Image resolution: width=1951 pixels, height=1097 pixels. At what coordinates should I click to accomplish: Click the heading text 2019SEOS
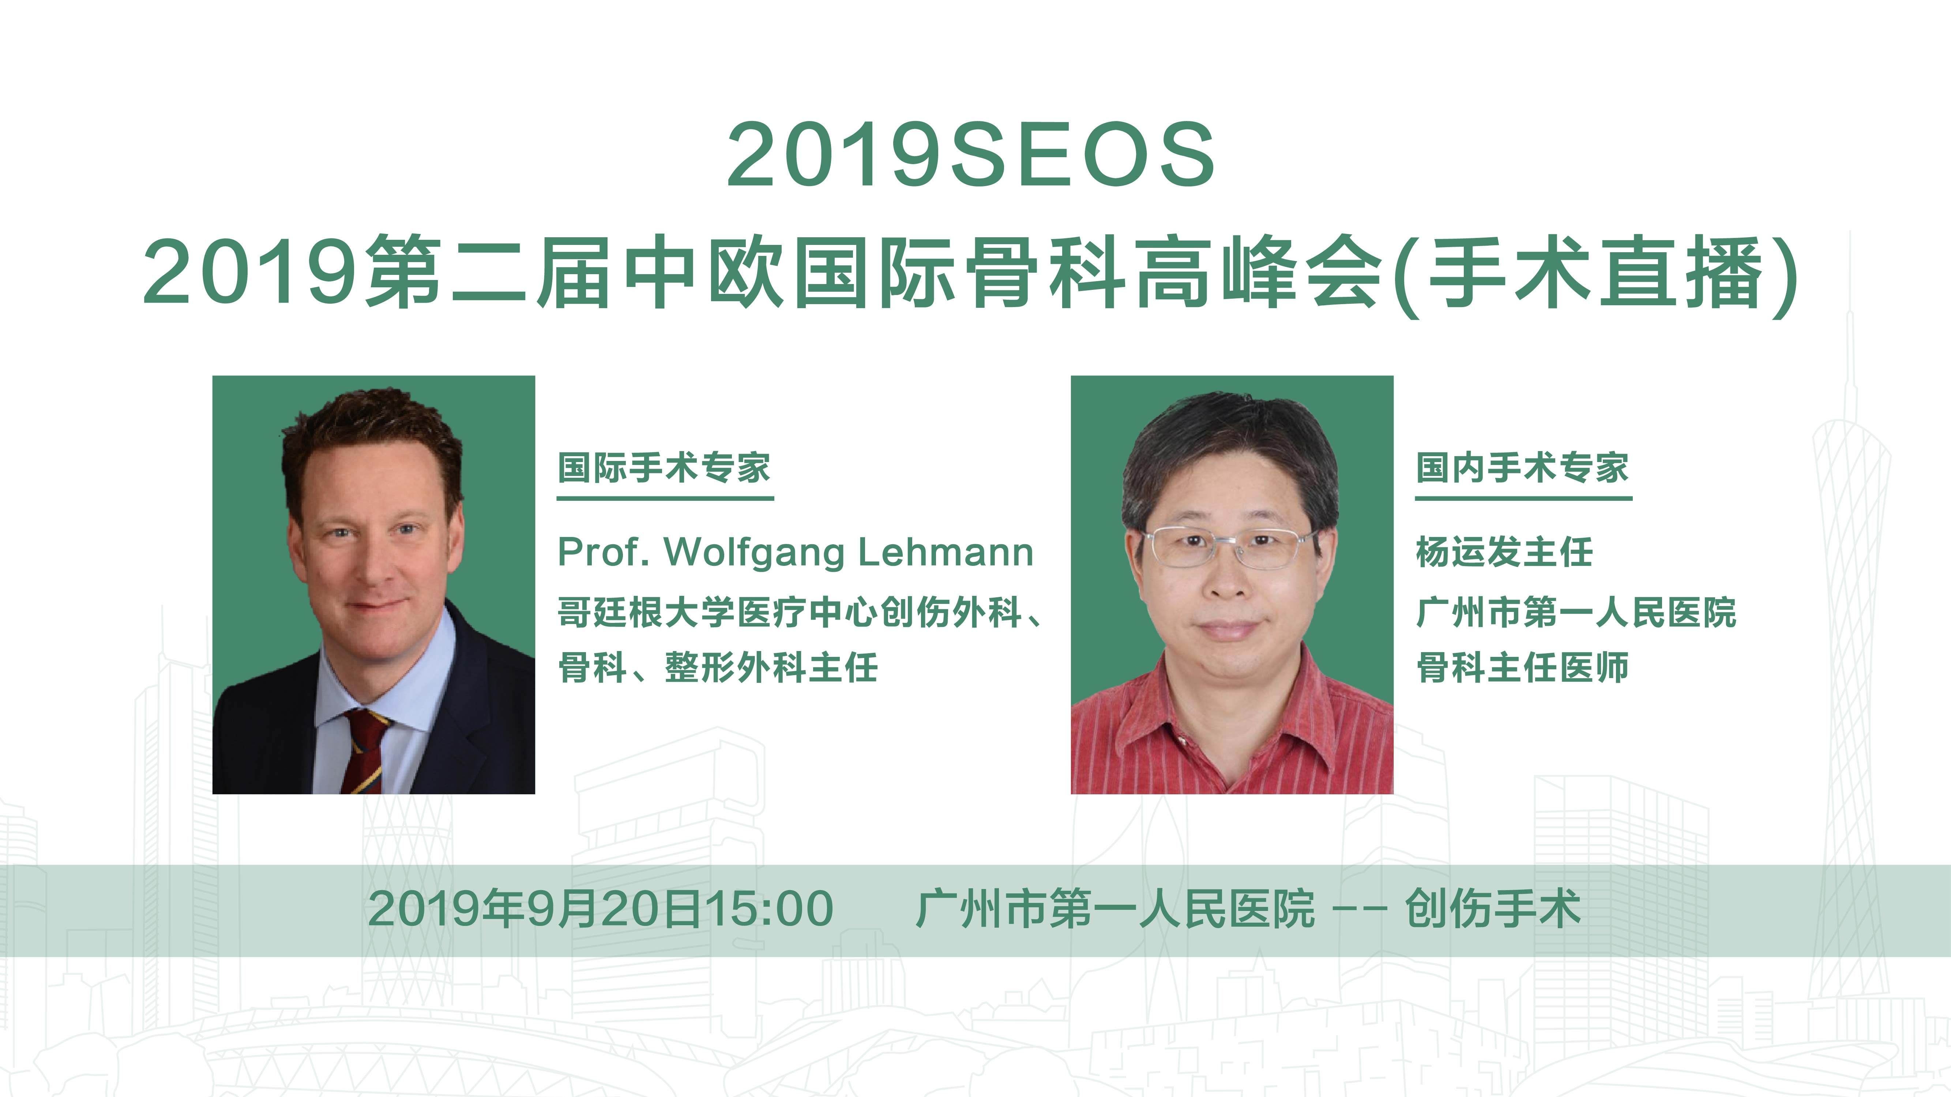point(971,155)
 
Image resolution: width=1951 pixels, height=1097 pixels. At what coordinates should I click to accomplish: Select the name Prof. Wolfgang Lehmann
point(795,552)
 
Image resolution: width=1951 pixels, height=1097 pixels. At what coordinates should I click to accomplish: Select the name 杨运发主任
point(1504,552)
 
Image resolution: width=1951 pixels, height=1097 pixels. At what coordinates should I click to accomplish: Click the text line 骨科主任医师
point(1522,668)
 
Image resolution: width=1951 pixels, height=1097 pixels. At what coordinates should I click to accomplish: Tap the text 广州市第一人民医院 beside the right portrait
point(1576,613)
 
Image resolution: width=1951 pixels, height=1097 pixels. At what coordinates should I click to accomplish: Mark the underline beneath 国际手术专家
point(665,498)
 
